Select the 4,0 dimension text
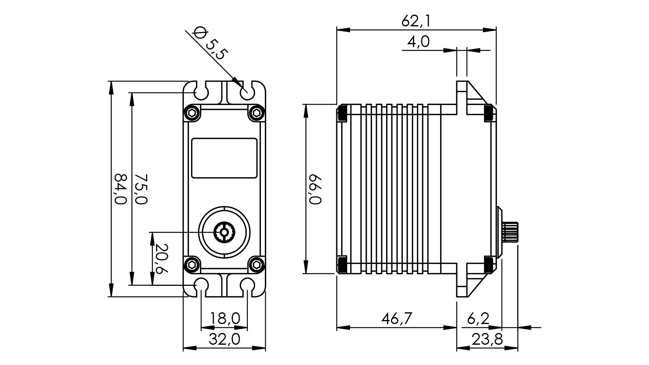click(418, 42)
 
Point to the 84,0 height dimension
click(120, 189)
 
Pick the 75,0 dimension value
click(141, 189)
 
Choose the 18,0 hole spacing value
click(224, 319)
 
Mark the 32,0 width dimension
click(224, 339)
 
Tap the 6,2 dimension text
click(478, 319)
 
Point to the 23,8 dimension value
click(487, 339)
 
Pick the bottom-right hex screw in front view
click(256, 265)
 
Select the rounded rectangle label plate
click(224, 158)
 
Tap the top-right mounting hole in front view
click(246, 92)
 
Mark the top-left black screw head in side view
click(341, 113)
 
